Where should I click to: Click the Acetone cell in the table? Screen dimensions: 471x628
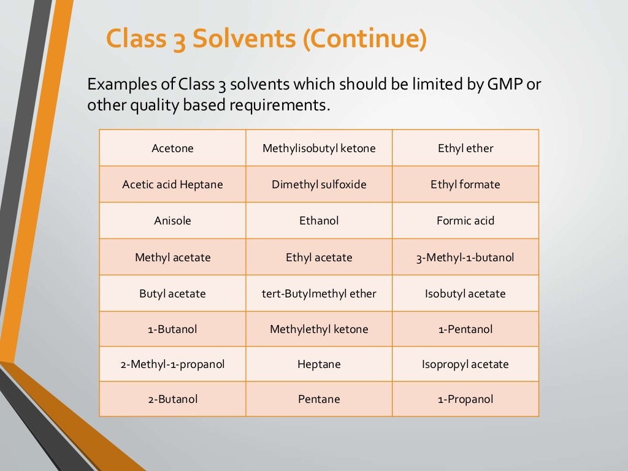(x=172, y=148)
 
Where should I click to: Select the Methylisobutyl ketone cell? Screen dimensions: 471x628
(x=319, y=148)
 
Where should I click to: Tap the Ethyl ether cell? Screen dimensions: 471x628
(x=465, y=148)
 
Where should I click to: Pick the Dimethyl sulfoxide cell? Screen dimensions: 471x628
(x=319, y=184)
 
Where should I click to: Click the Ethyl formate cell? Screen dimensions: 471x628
(x=465, y=184)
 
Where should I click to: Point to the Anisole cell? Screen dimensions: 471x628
(x=172, y=220)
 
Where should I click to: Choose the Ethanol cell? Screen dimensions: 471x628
(x=319, y=220)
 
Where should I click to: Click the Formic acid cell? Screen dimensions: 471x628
(x=465, y=220)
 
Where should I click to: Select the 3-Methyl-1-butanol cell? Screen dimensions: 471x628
(x=465, y=257)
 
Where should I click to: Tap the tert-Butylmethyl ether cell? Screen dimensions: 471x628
(x=319, y=293)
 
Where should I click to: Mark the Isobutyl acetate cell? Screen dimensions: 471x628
(x=465, y=293)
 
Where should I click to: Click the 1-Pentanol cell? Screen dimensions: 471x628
(x=465, y=329)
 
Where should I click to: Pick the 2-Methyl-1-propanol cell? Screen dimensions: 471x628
(x=172, y=364)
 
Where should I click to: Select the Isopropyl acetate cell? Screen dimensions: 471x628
(x=465, y=364)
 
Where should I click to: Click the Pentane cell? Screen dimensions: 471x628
(x=319, y=399)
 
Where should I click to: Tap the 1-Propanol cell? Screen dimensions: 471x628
(x=465, y=399)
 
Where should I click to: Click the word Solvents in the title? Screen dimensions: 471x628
(x=243, y=39)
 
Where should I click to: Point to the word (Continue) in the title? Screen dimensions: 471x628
(x=363, y=39)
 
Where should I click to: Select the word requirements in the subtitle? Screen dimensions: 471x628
(x=279, y=105)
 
